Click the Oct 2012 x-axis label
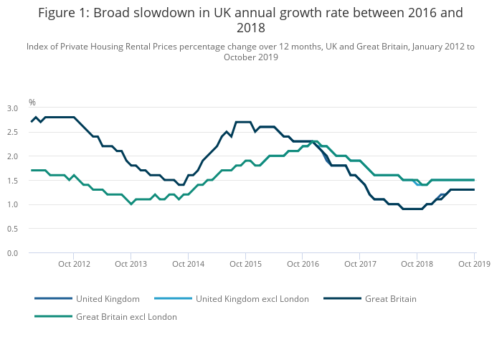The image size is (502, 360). coord(74,264)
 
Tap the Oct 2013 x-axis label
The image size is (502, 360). coord(131,264)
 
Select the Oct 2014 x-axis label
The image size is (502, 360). coord(188,264)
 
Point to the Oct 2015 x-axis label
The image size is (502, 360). coord(245,264)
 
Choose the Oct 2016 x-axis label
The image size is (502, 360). coord(303,264)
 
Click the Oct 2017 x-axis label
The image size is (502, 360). coord(360,264)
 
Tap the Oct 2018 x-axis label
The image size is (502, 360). coord(417,264)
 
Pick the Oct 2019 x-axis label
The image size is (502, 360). coord(473,264)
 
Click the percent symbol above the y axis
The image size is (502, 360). coord(32,103)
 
